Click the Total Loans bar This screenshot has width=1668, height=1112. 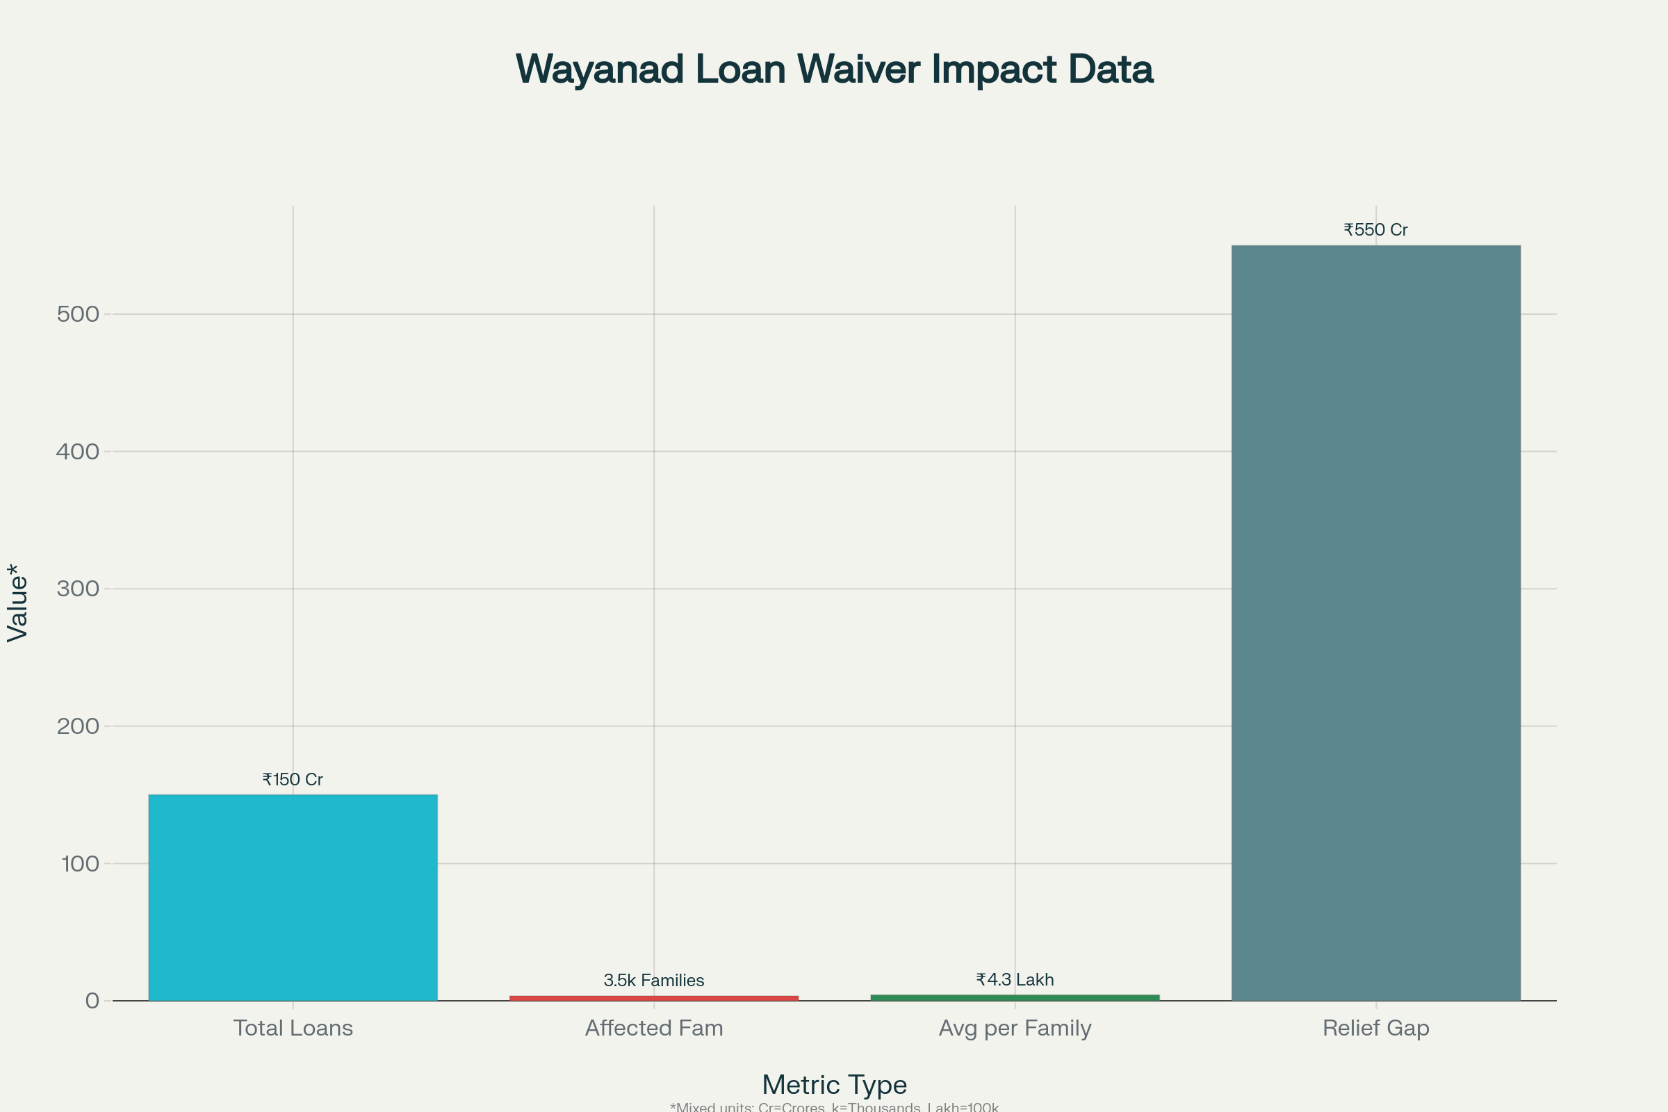pyautogui.click(x=292, y=897)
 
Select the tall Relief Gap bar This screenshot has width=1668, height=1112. pyautogui.click(x=1375, y=623)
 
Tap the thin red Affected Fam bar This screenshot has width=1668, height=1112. pyautogui.click(x=653, y=998)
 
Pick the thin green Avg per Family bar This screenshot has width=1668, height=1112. pyautogui.click(x=1014, y=997)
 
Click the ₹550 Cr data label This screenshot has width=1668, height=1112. pyautogui.click(x=1375, y=230)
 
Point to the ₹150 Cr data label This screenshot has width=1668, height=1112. pyautogui.click(x=292, y=779)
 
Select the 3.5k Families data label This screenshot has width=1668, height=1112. pyautogui.click(x=653, y=980)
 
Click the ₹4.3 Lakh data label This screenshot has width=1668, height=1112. pyautogui.click(x=1014, y=979)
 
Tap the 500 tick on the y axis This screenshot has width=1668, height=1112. pyautogui.click(x=78, y=314)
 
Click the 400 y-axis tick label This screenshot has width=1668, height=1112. pyautogui.click(x=78, y=452)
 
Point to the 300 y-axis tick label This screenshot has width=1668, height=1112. pyautogui.click(x=78, y=589)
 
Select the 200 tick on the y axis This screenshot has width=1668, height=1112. pyautogui.click(x=78, y=726)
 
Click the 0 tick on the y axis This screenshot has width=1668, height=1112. pyautogui.click(x=92, y=1001)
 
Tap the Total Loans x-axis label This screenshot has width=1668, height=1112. pyautogui.click(x=293, y=1028)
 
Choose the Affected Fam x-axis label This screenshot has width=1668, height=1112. pyautogui.click(x=654, y=1028)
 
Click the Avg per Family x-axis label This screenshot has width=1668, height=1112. pyautogui.click(x=1015, y=1028)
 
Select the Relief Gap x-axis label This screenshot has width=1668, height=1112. pyautogui.click(x=1376, y=1028)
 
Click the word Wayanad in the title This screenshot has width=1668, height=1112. pyautogui.click(x=599, y=69)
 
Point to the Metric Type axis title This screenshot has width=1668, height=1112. pyautogui.click(x=834, y=1084)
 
